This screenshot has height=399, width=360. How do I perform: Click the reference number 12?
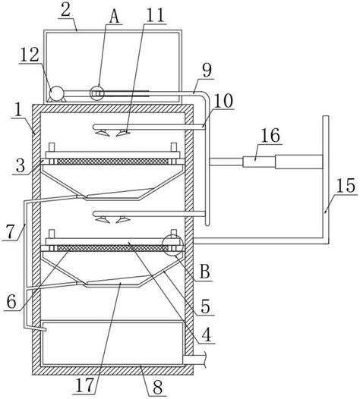coord(30,55)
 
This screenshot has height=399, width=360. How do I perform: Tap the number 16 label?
coord(270,135)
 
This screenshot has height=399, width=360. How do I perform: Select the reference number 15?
coord(346,186)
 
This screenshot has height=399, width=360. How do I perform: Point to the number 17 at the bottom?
coord(85,385)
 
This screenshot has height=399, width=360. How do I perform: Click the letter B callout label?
coord(205,272)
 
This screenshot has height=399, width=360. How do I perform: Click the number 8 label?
coord(158,388)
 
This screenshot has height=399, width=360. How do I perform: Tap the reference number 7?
coord(10,232)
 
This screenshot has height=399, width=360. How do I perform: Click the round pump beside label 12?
coord(56,93)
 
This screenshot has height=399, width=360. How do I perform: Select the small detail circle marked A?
coord(97,93)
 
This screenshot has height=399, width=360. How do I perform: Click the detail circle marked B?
coord(172,245)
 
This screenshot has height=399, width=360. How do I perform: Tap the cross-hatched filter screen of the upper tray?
coord(112,162)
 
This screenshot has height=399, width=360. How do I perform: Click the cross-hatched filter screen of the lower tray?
coord(112,248)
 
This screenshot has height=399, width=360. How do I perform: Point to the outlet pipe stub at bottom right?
coord(194,360)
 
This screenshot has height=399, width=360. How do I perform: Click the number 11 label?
coord(155,15)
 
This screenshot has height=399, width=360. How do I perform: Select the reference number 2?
coord(66,11)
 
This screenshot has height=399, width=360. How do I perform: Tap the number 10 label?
coord(223,101)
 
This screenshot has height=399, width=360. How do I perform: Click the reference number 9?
coord(207,70)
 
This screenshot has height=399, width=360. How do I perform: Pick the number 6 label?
coord(11,302)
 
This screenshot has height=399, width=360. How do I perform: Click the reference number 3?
coord(21,166)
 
